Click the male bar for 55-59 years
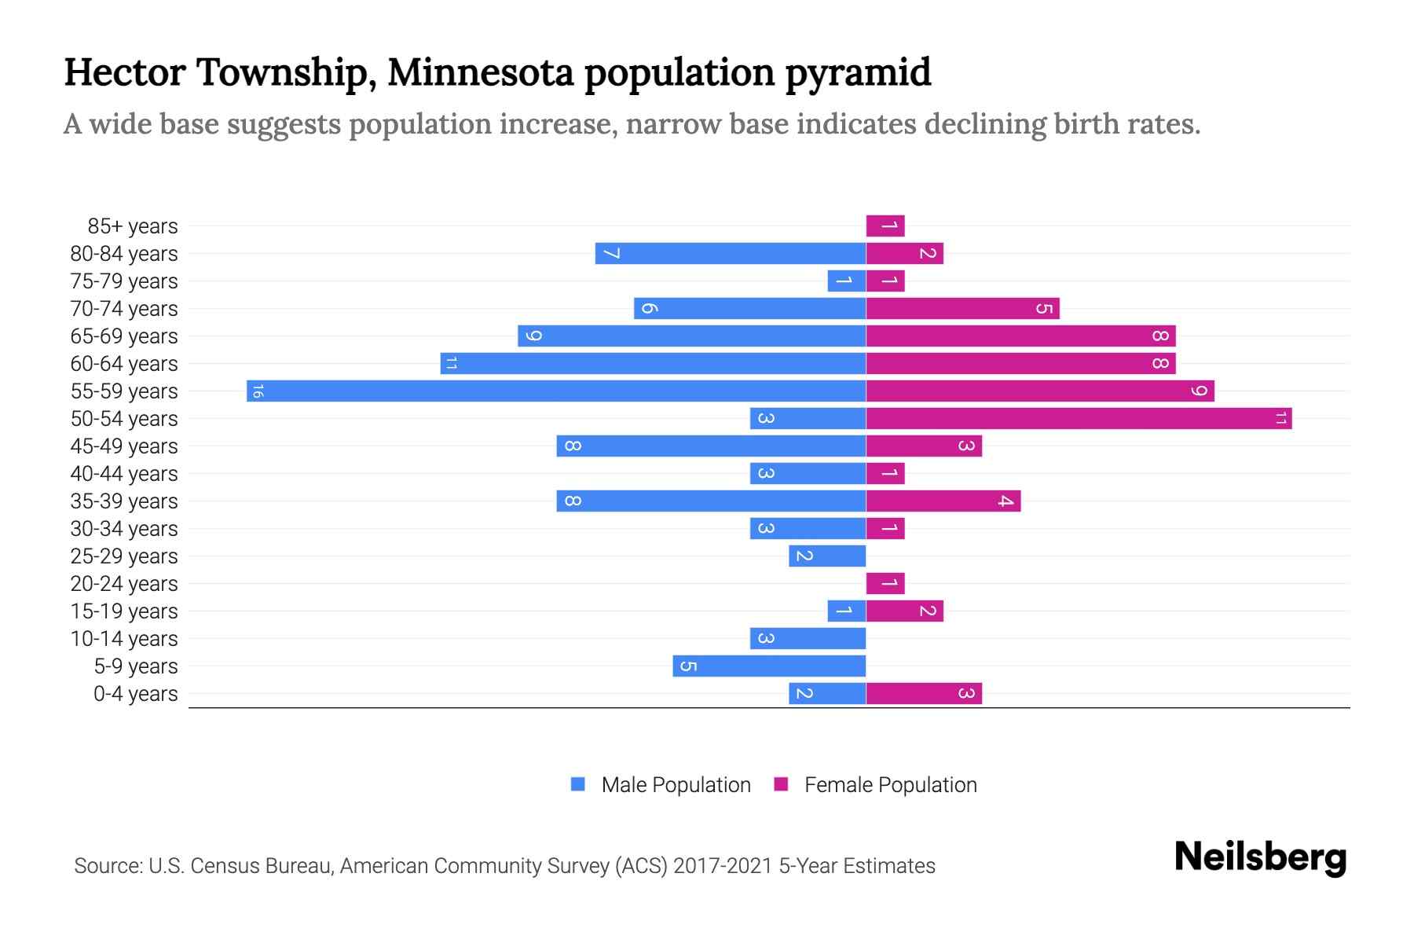coord(556,391)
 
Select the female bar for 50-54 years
coord(1079,418)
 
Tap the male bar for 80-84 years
coord(731,253)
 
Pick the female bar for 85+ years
coord(885,226)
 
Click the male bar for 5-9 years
coord(769,666)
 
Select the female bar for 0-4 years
coord(924,693)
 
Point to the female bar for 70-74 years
coord(962,308)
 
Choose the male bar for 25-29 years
coord(827,556)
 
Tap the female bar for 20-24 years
coord(885,583)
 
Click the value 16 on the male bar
coord(258,391)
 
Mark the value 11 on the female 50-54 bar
coord(1280,418)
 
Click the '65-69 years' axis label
coord(124,336)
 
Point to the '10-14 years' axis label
coord(124,639)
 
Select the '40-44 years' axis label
coord(124,474)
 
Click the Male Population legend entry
coord(676,784)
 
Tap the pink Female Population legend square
coord(781,784)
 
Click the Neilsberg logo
coord(1260,857)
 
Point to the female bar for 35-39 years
coord(943,501)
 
